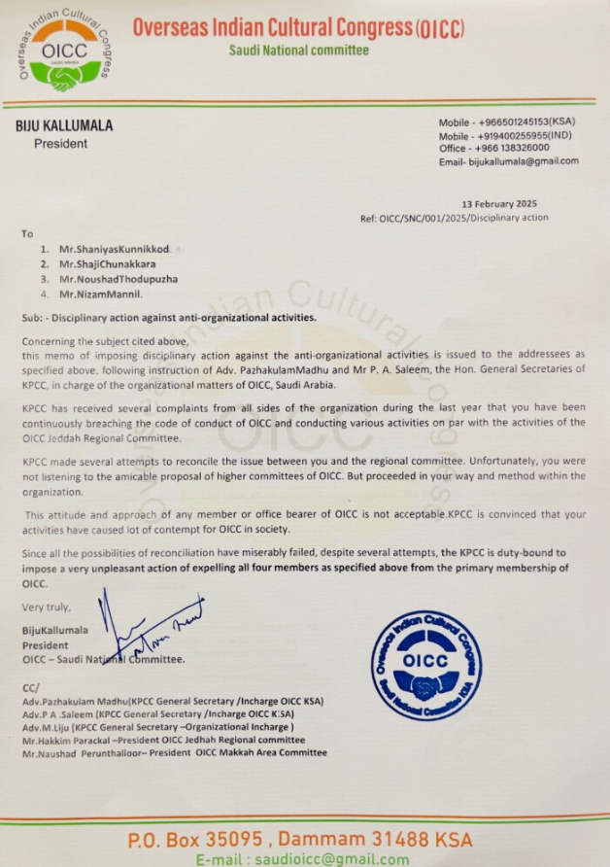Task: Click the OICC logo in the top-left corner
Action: click(x=65, y=52)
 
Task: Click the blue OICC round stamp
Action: click(x=426, y=665)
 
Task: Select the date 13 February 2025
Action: click(x=499, y=204)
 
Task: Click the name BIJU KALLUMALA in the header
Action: click(x=65, y=125)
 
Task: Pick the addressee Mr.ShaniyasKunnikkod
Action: click(x=114, y=249)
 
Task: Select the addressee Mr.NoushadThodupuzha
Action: click(x=118, y=279)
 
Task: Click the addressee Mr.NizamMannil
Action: click(x=100, y=294)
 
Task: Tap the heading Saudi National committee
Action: click(x=298, y=51)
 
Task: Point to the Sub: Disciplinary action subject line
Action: click(x=169, y=317)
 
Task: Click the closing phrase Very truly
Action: click(x=46, y=607)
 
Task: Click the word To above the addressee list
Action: click(x=27, y=233)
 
